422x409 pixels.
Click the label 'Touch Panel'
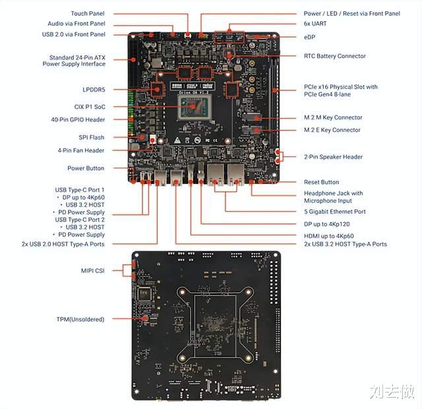point(88,13)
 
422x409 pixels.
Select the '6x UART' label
point(315,24)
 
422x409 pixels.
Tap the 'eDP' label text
point(309,37)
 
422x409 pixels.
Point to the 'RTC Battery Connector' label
point(335,56)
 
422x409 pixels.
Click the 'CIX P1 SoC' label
point(90,107)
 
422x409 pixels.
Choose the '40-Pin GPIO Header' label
point(78,119)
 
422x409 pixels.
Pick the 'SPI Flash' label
point(92,137)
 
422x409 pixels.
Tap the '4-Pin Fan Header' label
point(80,150)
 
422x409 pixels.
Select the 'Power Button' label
point(86,168)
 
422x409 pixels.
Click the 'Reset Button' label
point(321,182)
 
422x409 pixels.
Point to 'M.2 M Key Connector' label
point(333,117)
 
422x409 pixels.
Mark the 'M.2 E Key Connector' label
point(332,130)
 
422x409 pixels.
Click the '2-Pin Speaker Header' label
point(333,157)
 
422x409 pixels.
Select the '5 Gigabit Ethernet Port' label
point(335,212)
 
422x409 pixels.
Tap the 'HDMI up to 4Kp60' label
point(329,236)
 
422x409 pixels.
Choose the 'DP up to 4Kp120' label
point(327,224)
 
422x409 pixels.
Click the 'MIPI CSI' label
point(92,270)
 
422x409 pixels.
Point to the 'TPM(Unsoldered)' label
point(80,319)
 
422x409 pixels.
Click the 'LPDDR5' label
point(94,90)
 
